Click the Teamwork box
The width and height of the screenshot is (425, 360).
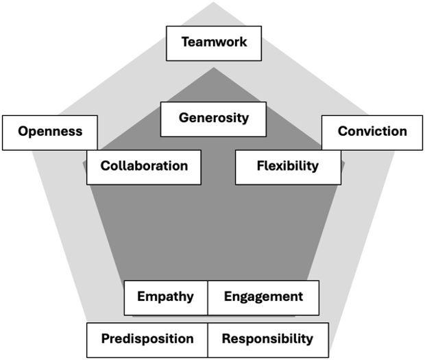point(214,43)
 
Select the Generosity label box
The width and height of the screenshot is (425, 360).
point(214,119)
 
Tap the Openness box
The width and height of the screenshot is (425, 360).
point(50,132)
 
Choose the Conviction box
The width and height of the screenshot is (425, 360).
point(372,132)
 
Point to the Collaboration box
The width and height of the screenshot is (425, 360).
point(144,167)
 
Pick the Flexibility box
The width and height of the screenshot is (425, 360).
point(288,167)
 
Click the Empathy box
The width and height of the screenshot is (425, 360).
point(165,298)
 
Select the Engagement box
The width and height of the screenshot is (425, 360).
point(263,298)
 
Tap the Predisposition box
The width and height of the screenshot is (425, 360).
point(147,339)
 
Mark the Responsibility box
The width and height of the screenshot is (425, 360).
point(267,339)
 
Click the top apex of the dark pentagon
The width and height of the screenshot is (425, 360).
point(213,67)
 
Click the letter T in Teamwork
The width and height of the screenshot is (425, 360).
point(185,43)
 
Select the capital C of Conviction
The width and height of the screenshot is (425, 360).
point(343,131)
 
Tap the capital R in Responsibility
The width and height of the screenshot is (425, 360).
point(226,339)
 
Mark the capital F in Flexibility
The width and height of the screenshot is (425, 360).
point(260,166)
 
